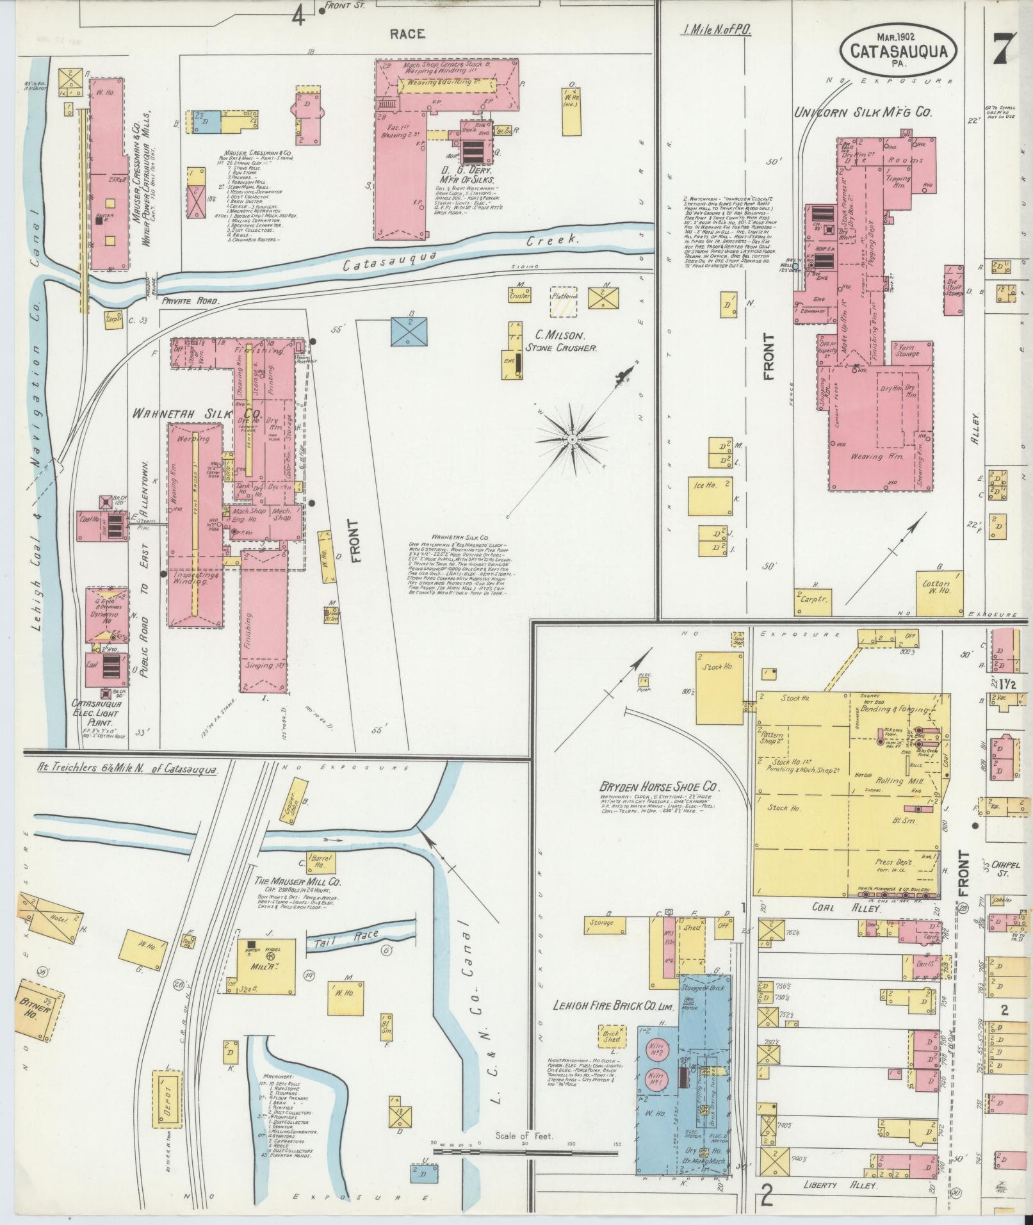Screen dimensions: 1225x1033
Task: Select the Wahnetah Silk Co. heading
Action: (x=196, y=413)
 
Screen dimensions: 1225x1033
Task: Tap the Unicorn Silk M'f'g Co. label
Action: (x=863, y=112)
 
